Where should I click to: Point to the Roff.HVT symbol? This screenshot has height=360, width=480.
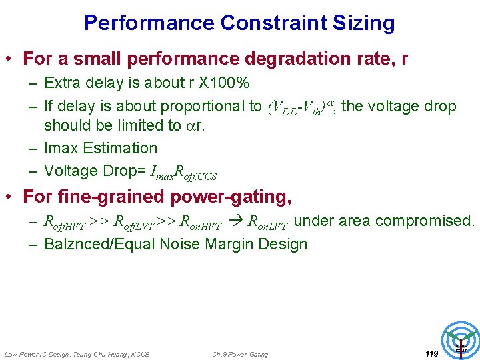[65, 223]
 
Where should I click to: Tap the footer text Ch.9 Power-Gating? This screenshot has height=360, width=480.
[240, 354]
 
